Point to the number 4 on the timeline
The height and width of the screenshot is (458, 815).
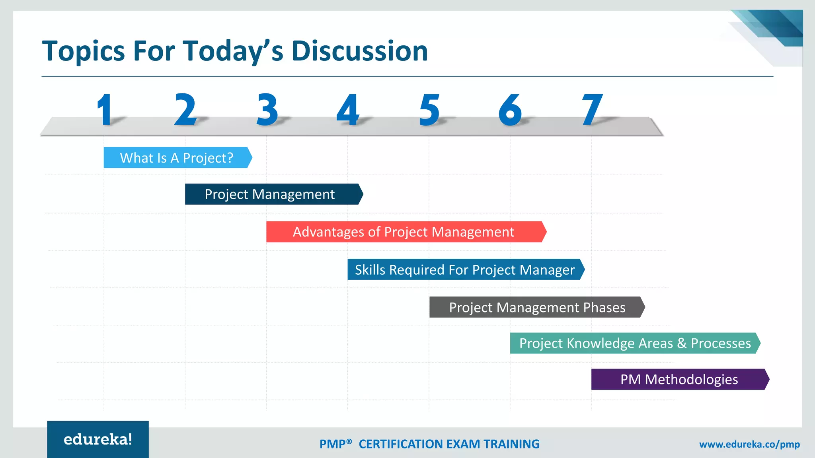pyautogui.click(x=348, y=110)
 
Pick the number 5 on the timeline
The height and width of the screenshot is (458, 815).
pyautogui.click(x=429, y=110)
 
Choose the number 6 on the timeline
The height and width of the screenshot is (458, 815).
pyautogui.click(x=510, y=110)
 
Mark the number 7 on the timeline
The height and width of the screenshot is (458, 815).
pyautogui.click(x=592, y=110)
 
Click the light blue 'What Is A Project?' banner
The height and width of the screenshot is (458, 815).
pyautogui.click(x=177, y=158)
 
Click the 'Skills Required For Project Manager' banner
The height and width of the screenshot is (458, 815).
pyautogui.click(x=465, y=270)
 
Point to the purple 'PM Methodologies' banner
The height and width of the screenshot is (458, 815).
pyautogui.click(x=679, y=379)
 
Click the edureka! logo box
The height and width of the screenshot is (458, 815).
pyautogui.click(x=98, y=439)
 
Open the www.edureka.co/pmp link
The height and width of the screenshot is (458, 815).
pyautogui.click(x=749, y=444)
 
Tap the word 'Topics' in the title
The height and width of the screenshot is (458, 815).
pyautogui.click(x=84, y=52)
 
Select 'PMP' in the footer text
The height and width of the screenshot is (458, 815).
pyautogui.click(x=333, y=444)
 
